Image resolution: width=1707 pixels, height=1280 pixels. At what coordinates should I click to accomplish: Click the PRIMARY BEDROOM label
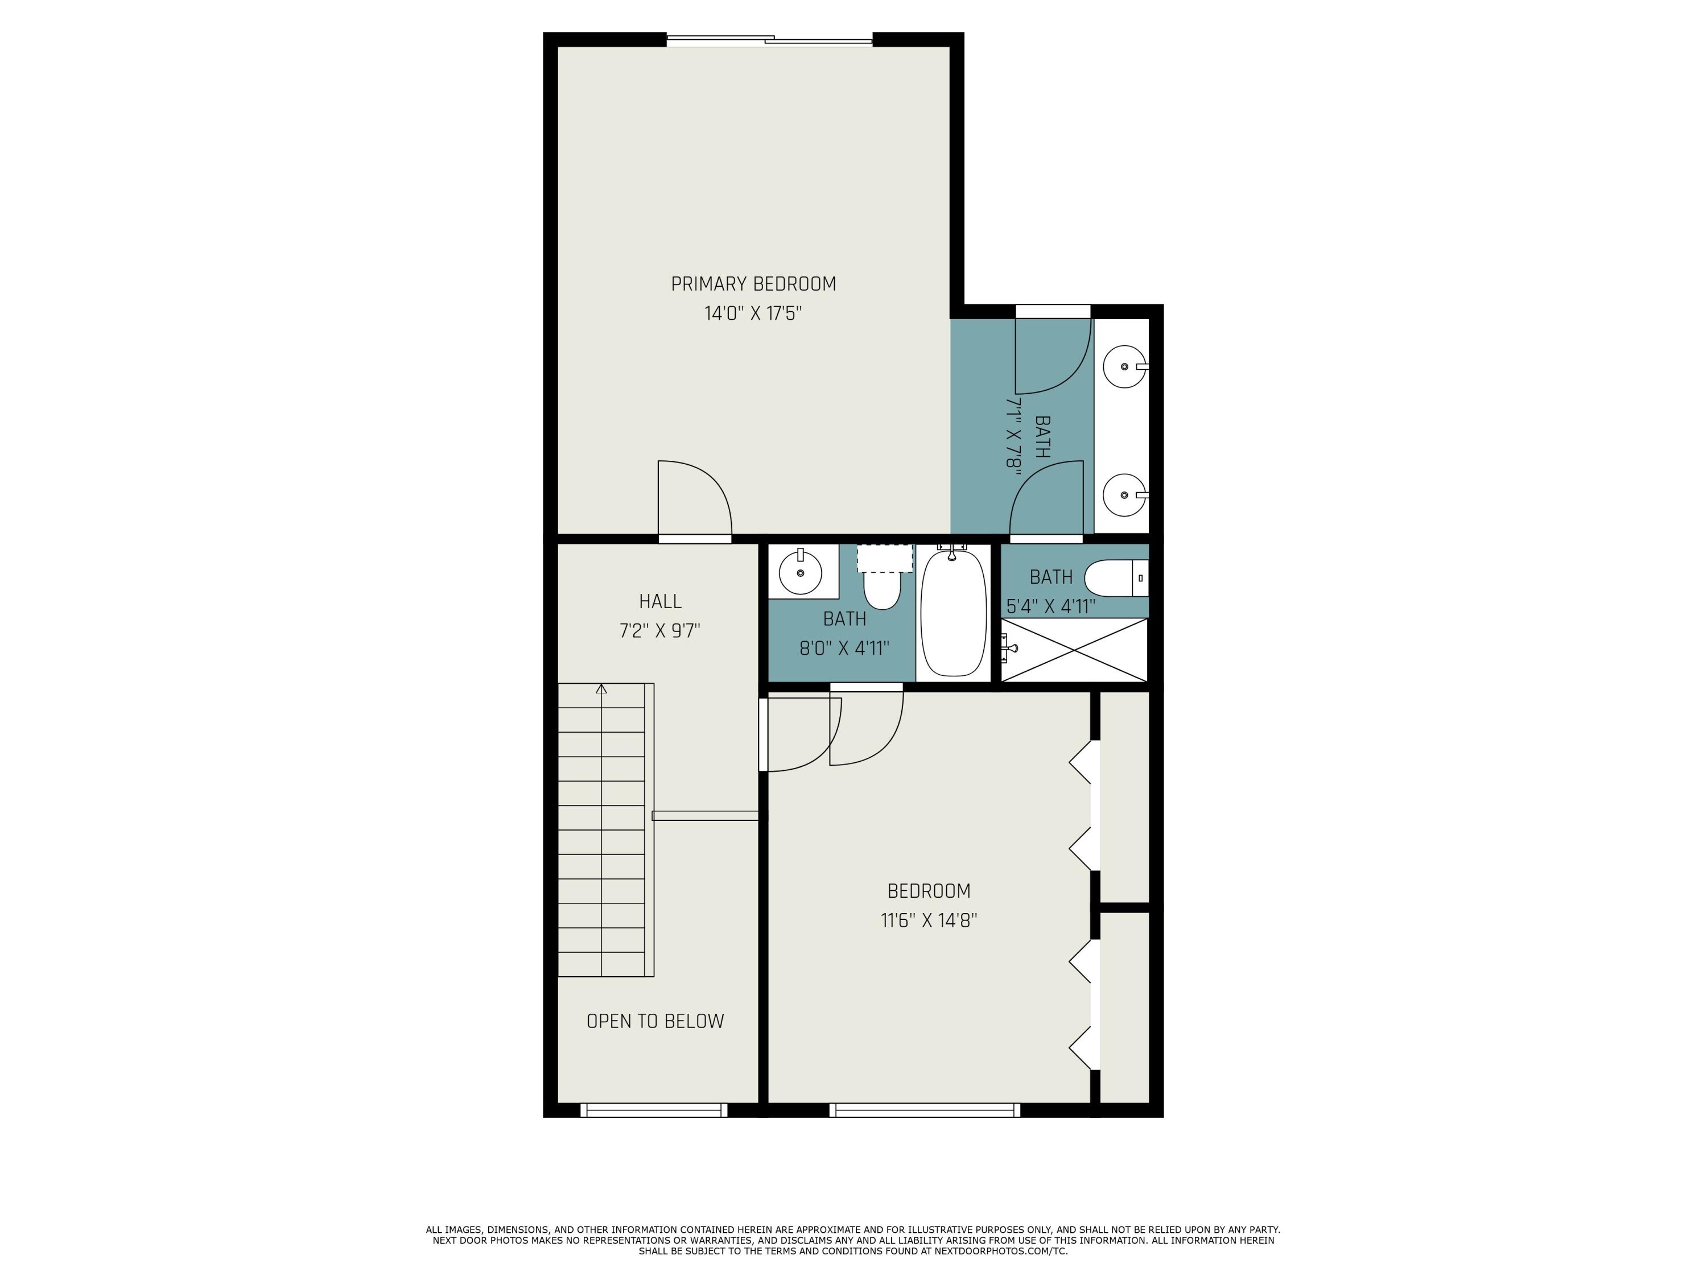(x=753, y=284)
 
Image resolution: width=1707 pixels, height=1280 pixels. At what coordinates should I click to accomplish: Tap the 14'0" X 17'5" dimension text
(x=753, y=314)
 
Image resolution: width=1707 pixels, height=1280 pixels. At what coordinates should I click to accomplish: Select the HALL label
(x=660, y=601)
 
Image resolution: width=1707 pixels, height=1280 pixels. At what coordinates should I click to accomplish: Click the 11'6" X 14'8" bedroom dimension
(x=929, y=920)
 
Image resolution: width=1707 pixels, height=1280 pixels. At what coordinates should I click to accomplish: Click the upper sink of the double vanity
(x=1124, y=368)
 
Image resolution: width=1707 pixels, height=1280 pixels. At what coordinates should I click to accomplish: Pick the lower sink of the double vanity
(x=1124, y=494)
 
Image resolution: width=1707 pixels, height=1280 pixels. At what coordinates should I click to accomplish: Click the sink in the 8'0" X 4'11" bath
(x=800, y=572)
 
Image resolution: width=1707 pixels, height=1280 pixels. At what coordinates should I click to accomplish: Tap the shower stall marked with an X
(x=1074, y=650)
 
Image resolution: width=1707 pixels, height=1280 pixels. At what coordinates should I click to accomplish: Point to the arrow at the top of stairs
(x=601, y=689)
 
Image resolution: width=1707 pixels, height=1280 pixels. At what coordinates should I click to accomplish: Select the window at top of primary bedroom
(x=769, y=40)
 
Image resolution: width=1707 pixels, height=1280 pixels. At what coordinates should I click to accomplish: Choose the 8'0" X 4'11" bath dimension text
(x=844, y=648)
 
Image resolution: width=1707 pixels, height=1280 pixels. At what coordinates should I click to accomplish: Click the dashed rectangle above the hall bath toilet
(x=884, y=558)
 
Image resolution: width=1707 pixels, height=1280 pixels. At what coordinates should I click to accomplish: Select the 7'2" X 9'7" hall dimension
(x=660, y=631)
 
